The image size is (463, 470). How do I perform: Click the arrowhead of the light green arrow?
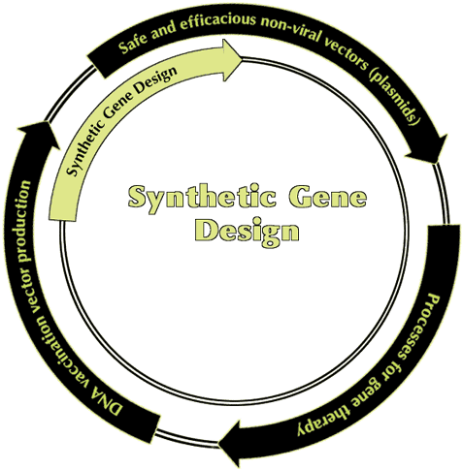(231, 60)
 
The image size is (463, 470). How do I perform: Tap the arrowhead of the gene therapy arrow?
(231, 443)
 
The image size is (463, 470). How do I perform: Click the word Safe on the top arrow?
(131, 45)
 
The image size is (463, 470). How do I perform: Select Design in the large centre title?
(247, 232)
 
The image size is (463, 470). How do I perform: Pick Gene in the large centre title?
(327, 196)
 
